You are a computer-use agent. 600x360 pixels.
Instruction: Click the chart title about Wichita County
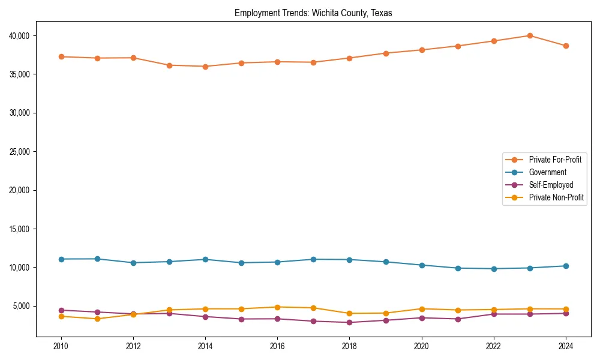click(x=313, y=13)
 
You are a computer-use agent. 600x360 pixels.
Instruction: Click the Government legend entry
click(x=547, y=172)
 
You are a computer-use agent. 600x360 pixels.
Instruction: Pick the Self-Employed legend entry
click(x=551, y=185)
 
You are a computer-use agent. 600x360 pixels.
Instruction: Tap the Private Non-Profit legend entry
click(x=556, y=197)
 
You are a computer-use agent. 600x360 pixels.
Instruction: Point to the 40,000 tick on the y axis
click(x=20, y=36)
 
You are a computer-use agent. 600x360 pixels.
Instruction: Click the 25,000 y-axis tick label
click(x=20, y=152)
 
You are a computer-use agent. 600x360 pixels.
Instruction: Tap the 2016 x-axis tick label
click(x=277, y=346)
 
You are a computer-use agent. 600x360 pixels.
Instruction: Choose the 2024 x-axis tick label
click(x=566, y=346)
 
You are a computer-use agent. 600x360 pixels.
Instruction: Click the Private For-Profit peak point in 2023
click(x=530, y=35)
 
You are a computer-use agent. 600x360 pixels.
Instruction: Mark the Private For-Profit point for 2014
click(x=205, y=67)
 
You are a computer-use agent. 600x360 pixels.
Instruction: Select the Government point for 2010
click(x=61, y=259)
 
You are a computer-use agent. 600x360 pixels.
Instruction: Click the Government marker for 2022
click(x=494, y=269)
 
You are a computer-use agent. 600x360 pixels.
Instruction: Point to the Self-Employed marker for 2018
click(x=349, y=322)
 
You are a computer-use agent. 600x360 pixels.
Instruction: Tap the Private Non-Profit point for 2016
click(x=277, y=307)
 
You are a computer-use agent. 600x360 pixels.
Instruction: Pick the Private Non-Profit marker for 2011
click(x=97, y=319)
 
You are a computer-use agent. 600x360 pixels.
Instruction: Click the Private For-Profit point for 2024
click(x=566, y=46)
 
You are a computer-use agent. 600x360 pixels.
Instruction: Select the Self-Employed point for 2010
click(x=61, y=310)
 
